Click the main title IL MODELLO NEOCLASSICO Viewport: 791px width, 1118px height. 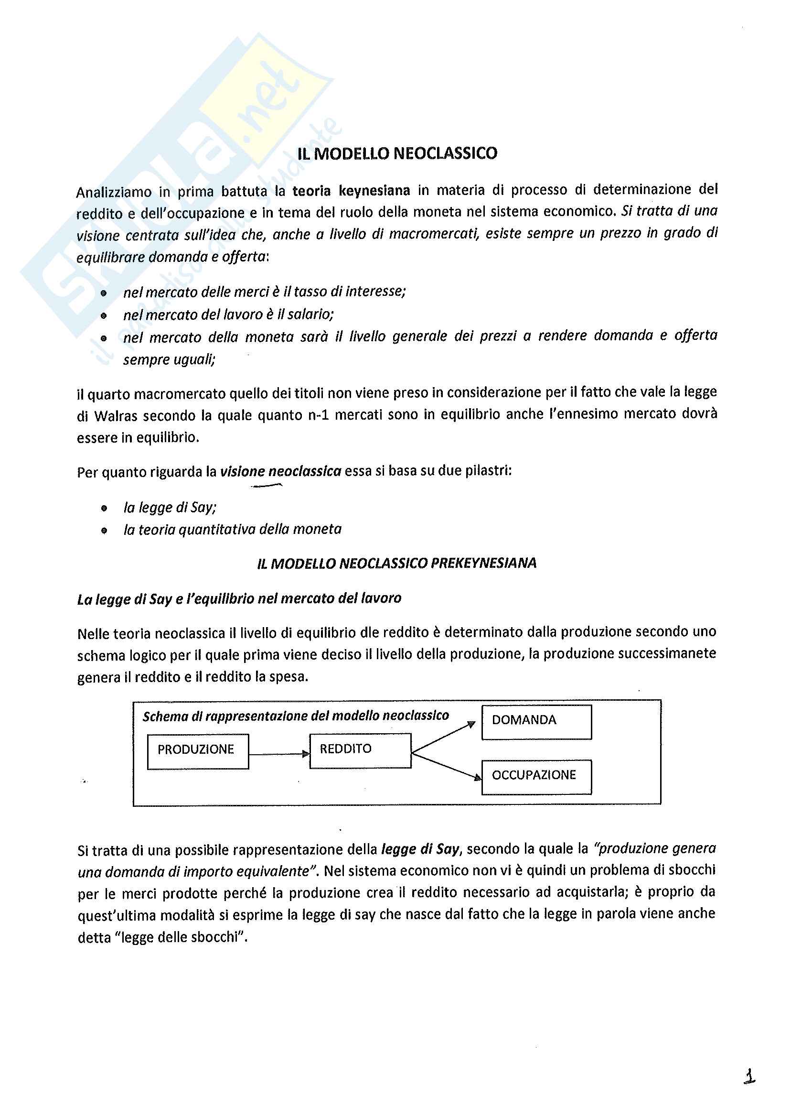coord(397,153)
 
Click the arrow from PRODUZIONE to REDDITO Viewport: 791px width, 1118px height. coord(279,754)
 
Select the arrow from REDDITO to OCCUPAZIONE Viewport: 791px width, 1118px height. coord(446,767)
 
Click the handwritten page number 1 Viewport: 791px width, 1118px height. coord(749,1076)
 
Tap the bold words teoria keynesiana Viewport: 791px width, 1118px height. coord(351,190)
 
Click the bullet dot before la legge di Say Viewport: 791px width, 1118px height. coord(104,508)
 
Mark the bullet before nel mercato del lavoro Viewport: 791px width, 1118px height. coord(104,315)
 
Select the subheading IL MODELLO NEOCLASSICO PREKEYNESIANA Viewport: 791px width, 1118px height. coord(396,564)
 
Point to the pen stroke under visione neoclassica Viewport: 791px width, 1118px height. coord(267,486)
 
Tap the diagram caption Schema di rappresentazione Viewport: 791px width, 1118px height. coord(295,716)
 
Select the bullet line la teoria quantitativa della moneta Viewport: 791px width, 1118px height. coord(232,529)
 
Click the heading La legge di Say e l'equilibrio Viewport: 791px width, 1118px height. coord(239,598)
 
